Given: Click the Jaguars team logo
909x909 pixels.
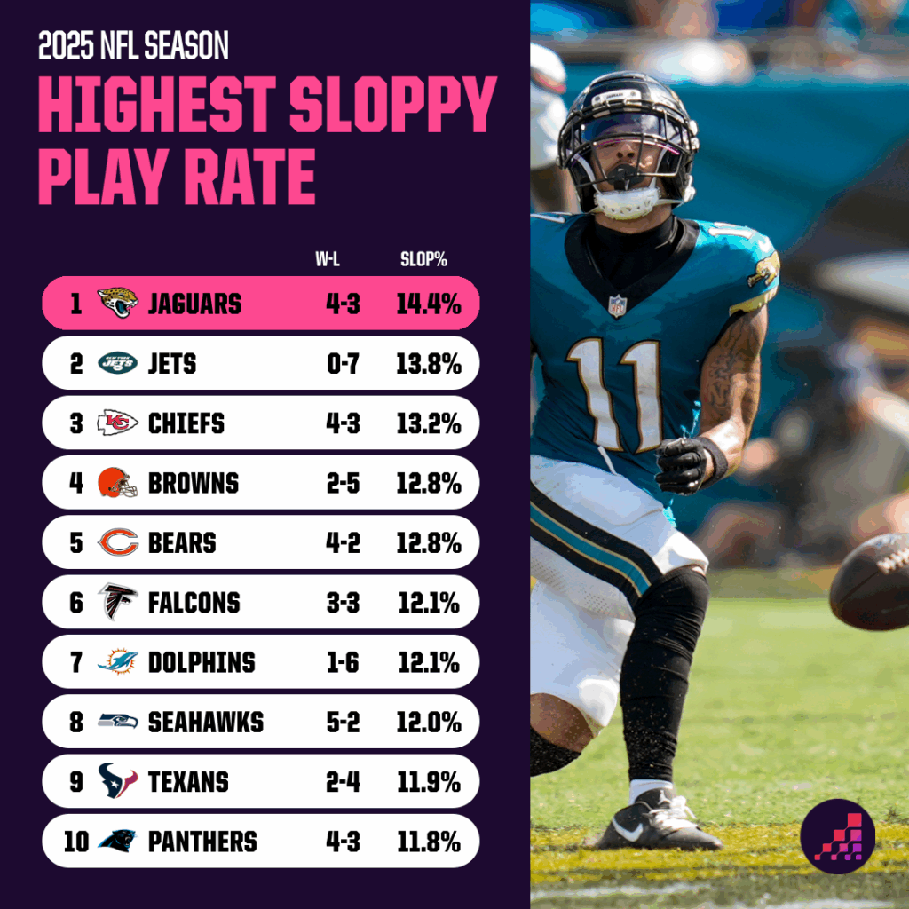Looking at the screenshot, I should point(118,304).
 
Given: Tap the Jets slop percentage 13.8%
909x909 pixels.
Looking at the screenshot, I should point(429,363).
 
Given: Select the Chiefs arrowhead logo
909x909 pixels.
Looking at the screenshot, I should point(118,423).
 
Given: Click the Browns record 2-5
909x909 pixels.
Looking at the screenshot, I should point(342,483).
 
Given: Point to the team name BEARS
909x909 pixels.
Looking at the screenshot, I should point(182,542).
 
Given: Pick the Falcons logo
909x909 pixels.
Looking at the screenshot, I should point(118,602).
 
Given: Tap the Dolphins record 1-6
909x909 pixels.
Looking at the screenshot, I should point(342,662).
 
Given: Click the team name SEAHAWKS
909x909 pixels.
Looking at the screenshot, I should point(206,722).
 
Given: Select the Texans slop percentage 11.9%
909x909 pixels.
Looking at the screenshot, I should point(429,781).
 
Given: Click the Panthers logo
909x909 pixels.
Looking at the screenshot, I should point(118,841).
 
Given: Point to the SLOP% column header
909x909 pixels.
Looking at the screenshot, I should point(423,260).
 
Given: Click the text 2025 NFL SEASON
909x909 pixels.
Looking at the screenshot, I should point(133,45).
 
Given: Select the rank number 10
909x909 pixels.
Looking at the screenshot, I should point(76,841).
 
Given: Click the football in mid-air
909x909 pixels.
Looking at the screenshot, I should point(873,582).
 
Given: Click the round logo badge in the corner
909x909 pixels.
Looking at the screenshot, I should point(838,835).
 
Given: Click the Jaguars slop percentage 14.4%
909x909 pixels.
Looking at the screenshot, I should point(429,304).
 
